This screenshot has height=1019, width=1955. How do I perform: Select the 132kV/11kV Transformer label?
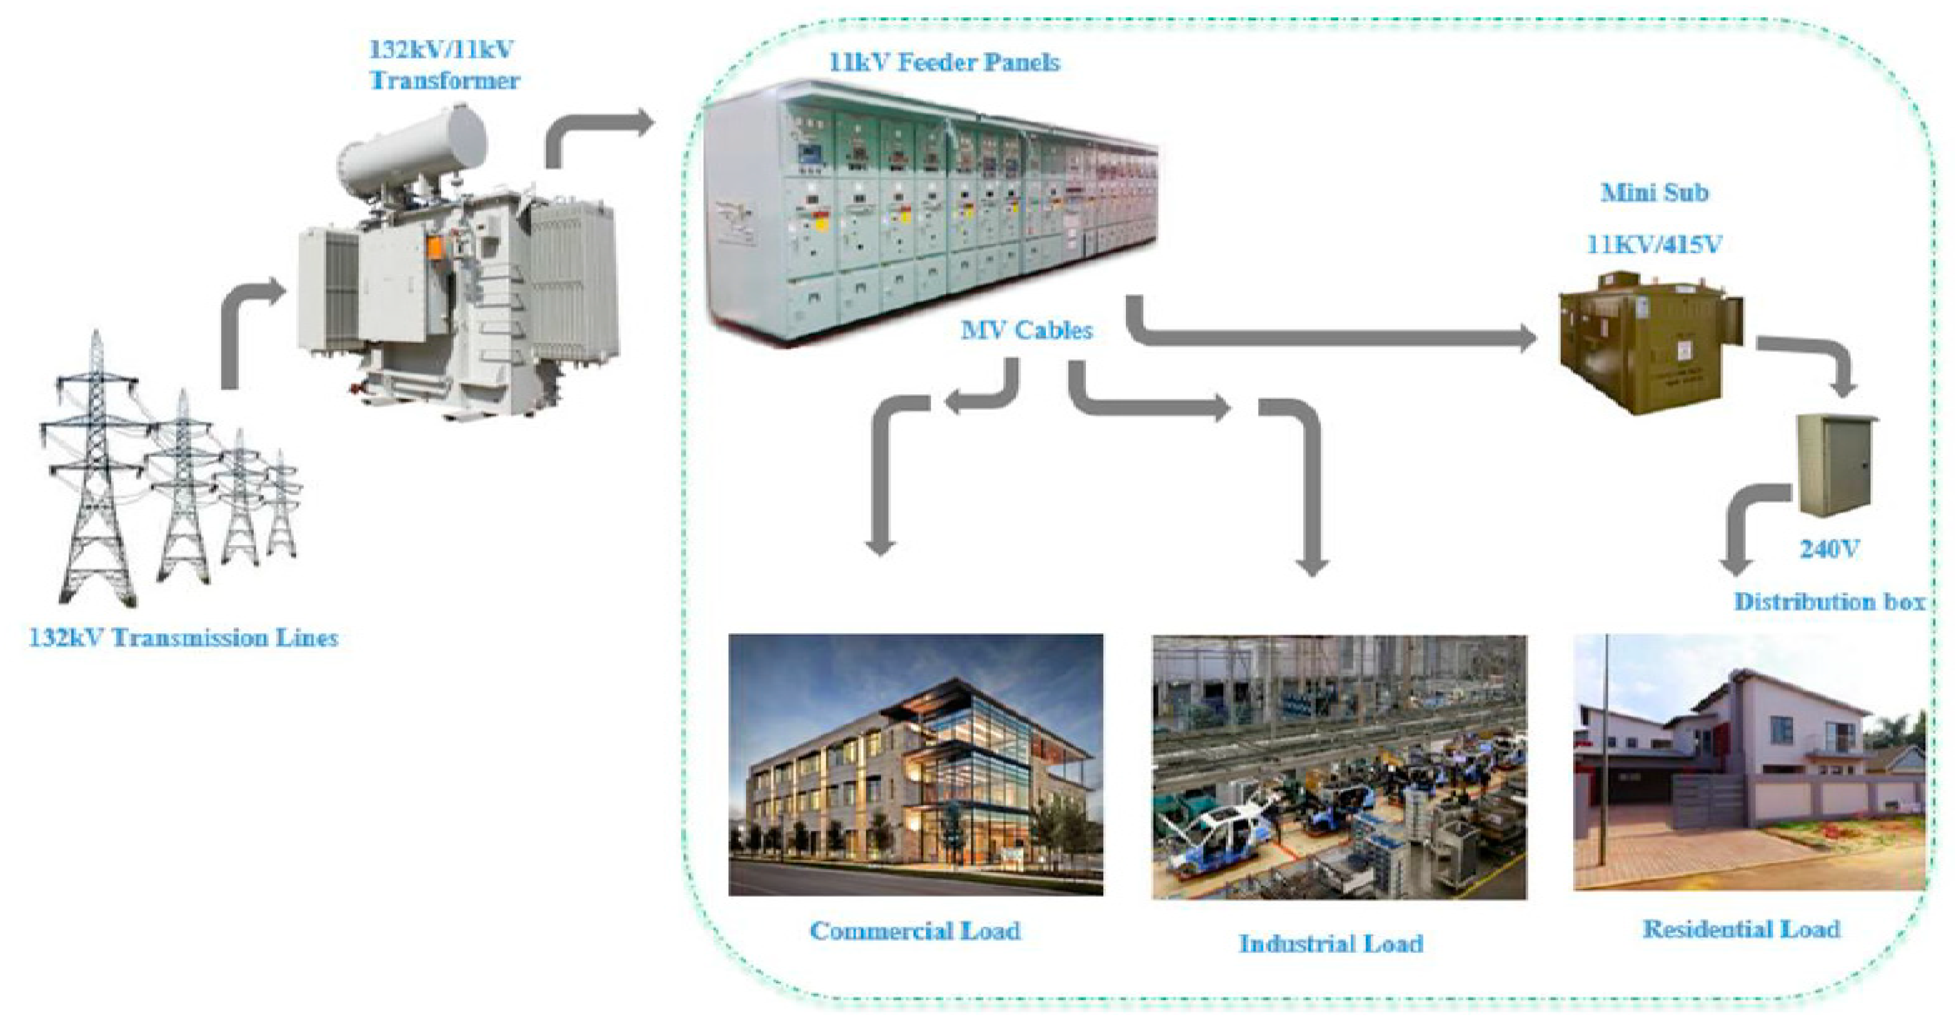pyautogui.click(x=444, y=65)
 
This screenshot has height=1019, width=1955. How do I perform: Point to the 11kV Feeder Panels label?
pyautogui.click(x=943, y=62)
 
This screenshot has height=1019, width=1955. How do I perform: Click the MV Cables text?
pyautogui.click(x=1026, y=330)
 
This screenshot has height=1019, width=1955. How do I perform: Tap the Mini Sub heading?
pyautogui.click(x=1655, y=193)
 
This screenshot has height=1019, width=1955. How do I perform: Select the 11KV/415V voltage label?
pyautogui.click(x=1655, y=244)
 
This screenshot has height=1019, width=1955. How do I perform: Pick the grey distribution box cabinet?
pyautogui.click(x=1836, y=464)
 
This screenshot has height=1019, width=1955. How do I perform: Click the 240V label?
pyautogui.click(x=1829, y=549)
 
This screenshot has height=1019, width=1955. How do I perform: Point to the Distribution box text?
pyautogui.click(x=1829, y=601)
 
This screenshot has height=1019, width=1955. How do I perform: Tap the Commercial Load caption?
pyautogui.click(x=915, y=930)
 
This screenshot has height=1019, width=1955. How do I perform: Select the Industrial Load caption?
pyautogui.click(x=1331, y=943)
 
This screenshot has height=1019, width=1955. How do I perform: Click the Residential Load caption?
pyautogui.click(x=1741, y=929)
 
